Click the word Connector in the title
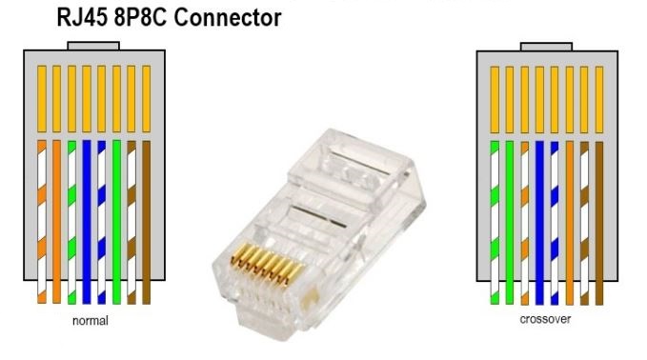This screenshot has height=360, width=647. click(228, 18)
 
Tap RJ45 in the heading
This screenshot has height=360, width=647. click(82, 18)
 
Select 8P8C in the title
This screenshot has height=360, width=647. click(141, 18)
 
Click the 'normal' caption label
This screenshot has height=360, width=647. click(91, 320)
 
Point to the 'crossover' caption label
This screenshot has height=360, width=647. click(545, 319)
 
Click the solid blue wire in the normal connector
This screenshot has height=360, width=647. click(87, 222)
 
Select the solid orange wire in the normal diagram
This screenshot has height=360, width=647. click(56, 222)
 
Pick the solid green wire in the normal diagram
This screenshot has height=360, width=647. click(117, 222)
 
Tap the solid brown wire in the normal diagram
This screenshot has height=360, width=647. click(147, 223)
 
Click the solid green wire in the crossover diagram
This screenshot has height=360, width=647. click(510, 223)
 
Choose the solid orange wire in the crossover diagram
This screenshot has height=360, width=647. click(570, 223)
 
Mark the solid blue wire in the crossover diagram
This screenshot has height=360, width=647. click(539, 223)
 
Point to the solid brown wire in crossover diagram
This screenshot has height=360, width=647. click(599, 224)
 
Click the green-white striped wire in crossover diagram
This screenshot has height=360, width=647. click(495, 223)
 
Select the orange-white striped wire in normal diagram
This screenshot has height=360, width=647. click(42, 222)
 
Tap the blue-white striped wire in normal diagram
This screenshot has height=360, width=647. click(102, 222)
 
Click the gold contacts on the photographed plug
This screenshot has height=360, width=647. click(267, 265)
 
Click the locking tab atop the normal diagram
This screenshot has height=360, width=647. click(93, 46)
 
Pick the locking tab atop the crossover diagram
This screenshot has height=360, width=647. click(546, 47)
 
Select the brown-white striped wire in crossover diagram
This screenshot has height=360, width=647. click(584, 224)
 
